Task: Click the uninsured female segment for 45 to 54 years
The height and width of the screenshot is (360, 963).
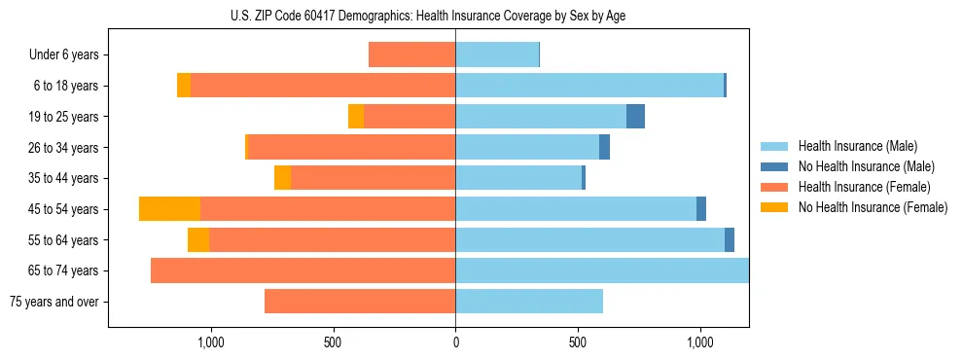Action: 169,209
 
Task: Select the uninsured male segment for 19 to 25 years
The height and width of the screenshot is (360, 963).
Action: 635,117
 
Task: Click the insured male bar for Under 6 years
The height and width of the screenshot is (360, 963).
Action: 497,54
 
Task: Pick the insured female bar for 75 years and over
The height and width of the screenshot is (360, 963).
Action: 360,302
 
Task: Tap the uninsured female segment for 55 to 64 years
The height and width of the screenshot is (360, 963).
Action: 198,240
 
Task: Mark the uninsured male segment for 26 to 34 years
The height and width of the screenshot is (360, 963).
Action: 604,148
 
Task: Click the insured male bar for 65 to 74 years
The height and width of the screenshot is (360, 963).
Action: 602,270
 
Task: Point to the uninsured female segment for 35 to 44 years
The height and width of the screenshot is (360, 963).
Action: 282,178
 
